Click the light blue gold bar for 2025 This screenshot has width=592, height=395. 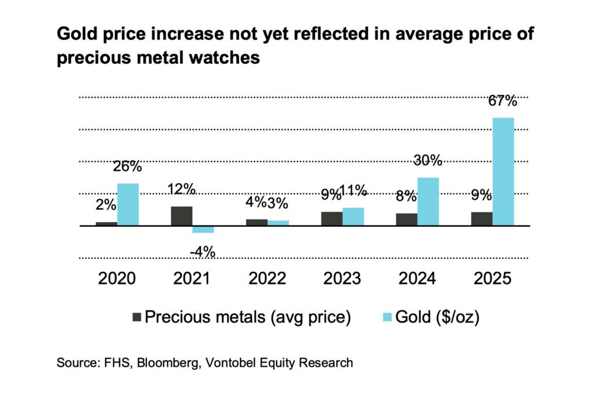click(x=503, y=172)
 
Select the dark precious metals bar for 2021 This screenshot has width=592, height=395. click(x=182, y=216)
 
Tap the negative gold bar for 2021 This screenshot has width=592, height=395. click(x=203, y=229)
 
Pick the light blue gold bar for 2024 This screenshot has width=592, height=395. click(x=428, y=201)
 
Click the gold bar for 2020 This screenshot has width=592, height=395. click(x=128, y=204)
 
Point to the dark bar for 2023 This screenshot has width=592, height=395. click(x=332, y=219)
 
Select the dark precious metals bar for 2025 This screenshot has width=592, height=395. click(x=482, y=219)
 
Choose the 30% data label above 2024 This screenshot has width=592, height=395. click(x=427, y=160)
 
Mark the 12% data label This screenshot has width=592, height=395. click(x=181, y=189)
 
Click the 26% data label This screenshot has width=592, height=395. click(x=127, y=167)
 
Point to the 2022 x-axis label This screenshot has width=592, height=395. click(x=267, y=279)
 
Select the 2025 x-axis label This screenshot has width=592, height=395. click(x=492, y=279)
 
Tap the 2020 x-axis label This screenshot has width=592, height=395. click(x=117, y=279)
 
